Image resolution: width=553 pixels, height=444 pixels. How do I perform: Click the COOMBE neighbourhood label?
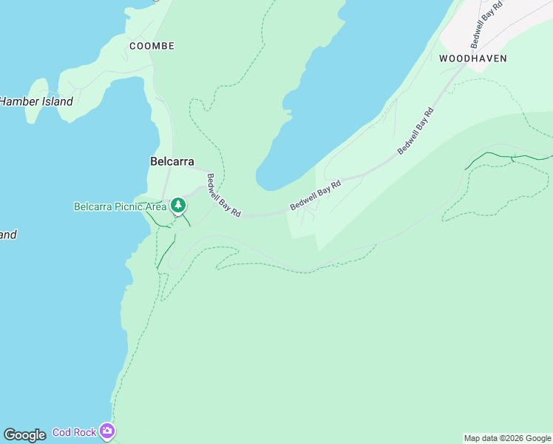152,46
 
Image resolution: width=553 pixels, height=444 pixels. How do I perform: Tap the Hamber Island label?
36,101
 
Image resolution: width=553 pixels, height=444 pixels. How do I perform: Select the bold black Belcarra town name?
172,161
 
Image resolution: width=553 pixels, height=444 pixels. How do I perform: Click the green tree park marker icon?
178,205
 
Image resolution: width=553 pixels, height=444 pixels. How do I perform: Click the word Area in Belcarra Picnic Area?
156,206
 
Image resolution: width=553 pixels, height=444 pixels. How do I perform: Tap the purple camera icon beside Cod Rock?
107,431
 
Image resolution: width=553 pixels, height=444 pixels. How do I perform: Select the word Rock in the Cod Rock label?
85,432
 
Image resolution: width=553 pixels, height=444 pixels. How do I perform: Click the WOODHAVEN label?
472,58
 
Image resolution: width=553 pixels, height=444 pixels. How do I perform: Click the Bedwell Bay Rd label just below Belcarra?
223,195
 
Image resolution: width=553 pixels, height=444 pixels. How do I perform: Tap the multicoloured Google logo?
24,435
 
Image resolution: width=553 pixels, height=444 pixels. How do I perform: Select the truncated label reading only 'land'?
7,235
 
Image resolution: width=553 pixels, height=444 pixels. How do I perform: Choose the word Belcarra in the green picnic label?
92,206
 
